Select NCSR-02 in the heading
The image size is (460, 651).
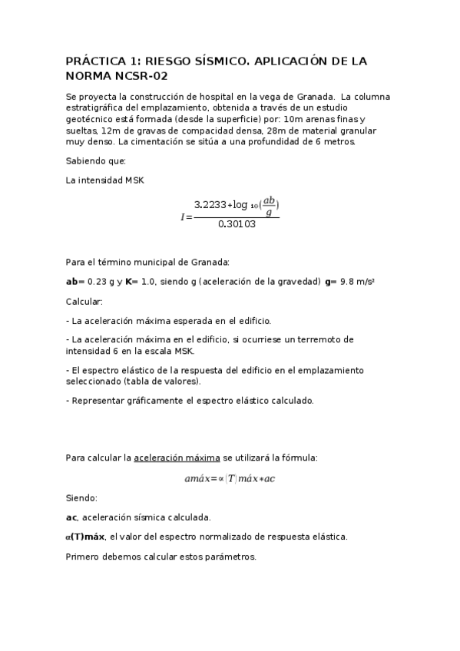[141, 76]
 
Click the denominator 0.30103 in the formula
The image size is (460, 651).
[237, 225]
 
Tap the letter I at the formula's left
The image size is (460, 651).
[183, 216]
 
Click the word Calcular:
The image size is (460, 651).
[84, 302]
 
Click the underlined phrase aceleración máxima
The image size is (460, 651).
[177, 458]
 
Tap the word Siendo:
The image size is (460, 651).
[82, 497]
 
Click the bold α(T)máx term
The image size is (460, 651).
[85, 537]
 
